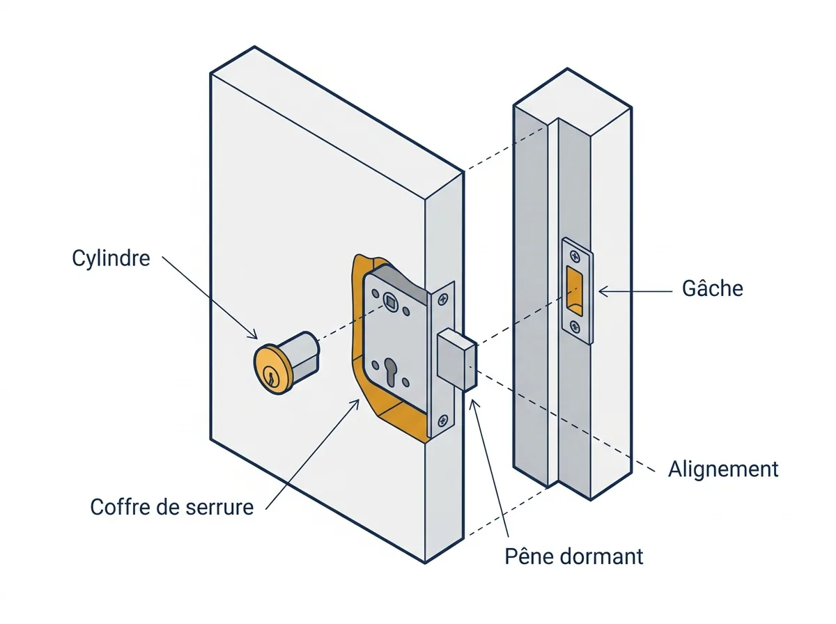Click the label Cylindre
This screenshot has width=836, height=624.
(x=111, y=258)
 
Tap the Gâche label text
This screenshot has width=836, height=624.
(x=712, y=288)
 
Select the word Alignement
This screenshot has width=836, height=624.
(x=723, y=469)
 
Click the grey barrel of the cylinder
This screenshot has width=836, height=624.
(x=304, y=353)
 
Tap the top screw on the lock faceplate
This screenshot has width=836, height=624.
(x=442, y=299)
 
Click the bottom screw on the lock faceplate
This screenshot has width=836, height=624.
(x=442, y=421)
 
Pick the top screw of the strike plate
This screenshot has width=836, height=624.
(x=574, y=256)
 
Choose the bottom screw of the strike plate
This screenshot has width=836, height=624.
(x=575, y=327)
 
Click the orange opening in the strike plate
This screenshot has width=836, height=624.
(x=574, y=290)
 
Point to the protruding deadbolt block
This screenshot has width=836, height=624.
(x=457, y=360)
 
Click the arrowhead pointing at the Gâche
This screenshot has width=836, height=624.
(x=604, y=292)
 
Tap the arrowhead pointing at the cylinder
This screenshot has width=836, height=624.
(x=252, y=334)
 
